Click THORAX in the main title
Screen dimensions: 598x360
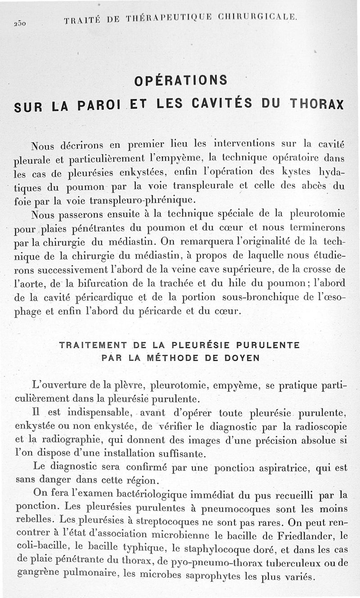(x=317, y=104)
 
